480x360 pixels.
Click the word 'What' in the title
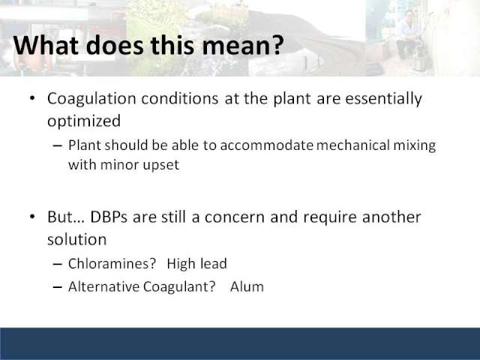[x=46, y=45]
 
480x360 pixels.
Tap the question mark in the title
[x=277, y=45]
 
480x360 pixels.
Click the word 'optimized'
[x=84, y=121]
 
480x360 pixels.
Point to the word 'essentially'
[x=384, y=99]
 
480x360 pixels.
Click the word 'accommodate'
[x=266, y=145]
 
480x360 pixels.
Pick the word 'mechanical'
[x=353, y=145]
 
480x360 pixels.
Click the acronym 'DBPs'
[x=109, y=217]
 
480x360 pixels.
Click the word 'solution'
[x=76, y=239]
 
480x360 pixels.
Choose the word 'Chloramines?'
[x=112, y=263]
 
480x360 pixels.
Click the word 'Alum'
[x=247, y=286]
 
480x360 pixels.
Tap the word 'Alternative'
[x=103, y=286]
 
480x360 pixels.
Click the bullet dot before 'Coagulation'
[x=32, y=98]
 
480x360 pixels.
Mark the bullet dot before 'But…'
[x=32, y=217]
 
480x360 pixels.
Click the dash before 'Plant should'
[x=57, y=145]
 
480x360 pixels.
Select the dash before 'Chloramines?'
[x=57, y=264]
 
